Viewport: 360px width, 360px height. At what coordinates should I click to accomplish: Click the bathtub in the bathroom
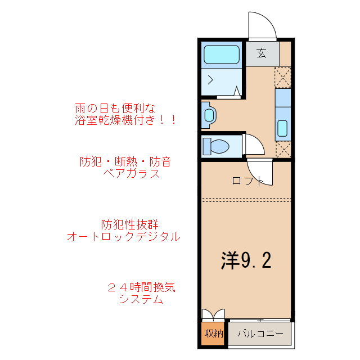tap(221, 55)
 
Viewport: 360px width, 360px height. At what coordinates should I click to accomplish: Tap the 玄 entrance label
tap(262, 53)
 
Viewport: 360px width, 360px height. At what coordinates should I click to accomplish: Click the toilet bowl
tap(217, 146)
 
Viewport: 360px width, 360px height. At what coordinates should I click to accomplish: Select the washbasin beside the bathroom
tap(209, 115)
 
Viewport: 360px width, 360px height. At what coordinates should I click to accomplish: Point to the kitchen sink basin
tap(283, 129)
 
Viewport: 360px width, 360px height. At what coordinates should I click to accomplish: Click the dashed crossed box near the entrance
tap(282, 76)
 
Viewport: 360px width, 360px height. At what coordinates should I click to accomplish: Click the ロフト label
tap(247, 181)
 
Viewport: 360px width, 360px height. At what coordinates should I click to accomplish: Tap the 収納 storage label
tap(213, 333)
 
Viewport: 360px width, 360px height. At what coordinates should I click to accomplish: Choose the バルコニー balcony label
tap(260, 333)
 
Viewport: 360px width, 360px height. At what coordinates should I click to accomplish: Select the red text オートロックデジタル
tap(124, 237)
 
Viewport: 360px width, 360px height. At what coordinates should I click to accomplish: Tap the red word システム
tap(141, 300)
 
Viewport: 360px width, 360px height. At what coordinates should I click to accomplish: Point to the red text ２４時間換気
tap(141, 287)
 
